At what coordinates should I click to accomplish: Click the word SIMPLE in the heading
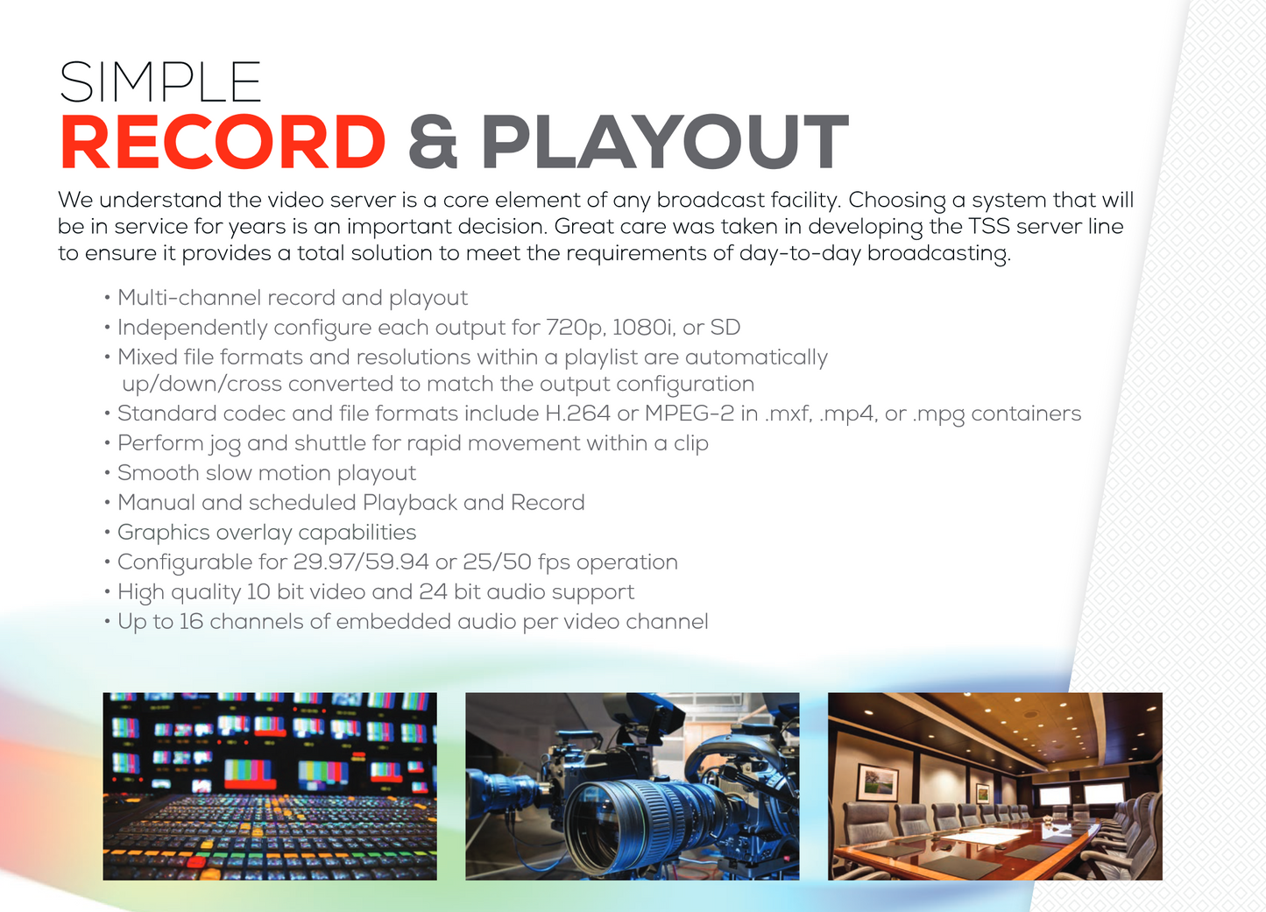[160, 82]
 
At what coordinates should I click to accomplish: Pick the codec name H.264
[577, 413]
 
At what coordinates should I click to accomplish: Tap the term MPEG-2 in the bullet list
[690, 413]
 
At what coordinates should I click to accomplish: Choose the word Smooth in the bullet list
[159, 472]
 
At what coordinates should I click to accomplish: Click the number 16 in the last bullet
[191, 621]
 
